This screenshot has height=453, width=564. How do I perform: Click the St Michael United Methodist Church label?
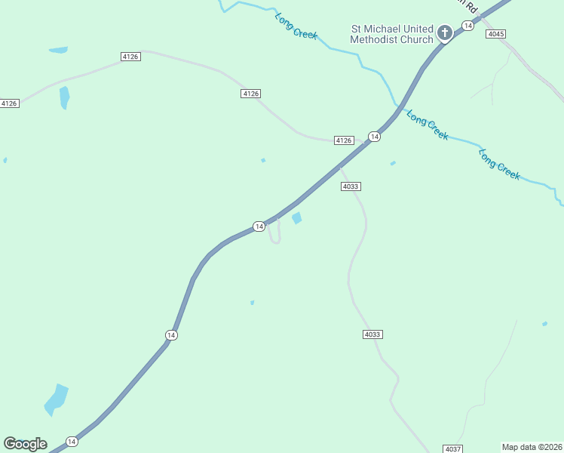pyautogui.click(x=392, y=34)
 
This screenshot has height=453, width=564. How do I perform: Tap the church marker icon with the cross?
pyautogui.click(x=445, y=32)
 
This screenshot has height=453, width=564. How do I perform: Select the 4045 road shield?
pyautogui.click(x=495, y=34)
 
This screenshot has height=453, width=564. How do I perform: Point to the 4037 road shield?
pyautogui.click(x=452, y=448)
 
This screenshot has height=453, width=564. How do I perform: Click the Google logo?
pyautogui.click(x=25, y=444)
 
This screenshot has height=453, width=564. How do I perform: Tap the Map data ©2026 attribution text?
pyautogui.click(x=532, y=447)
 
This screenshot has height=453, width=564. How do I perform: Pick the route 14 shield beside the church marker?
pyautogui.click(x=468, y=26)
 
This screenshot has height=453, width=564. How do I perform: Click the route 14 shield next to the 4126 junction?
pyautogui.click(x=373, y=136)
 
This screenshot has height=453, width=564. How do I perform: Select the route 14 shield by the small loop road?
pyautogui.click(x=259, y=226)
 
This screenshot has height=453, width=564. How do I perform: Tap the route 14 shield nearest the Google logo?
pyautogui.click(x=72, y=441)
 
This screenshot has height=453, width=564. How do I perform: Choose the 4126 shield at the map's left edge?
pyautogui.click(x=9, y=103)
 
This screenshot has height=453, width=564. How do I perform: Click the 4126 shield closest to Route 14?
pyautogui.click(x=344, y=140)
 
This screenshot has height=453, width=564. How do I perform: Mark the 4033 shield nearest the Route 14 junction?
pyautogui.click(x=351, y=186)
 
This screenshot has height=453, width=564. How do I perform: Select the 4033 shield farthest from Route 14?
pyautogui.click(x=372, y=334)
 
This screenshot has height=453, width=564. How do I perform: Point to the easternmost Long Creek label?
pyautogui.click(x=499, y=164)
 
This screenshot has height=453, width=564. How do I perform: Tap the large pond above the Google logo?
pyautogui.click(x=56, y=399)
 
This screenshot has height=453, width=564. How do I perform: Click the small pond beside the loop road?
pyautogui.click(x=297, y=218)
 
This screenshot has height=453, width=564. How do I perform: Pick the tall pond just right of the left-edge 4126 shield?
pyautogui.click(x=64, y=97)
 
